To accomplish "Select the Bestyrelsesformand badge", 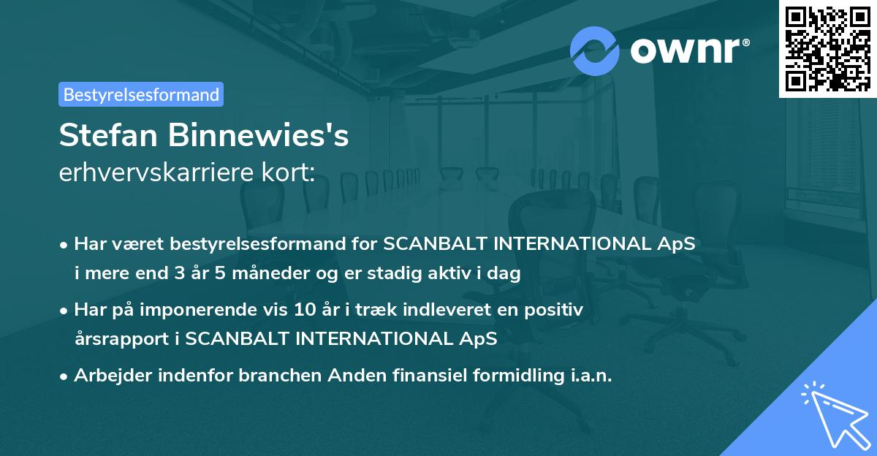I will (x=141, y=94).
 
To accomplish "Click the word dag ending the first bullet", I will (x=506, y=274).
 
